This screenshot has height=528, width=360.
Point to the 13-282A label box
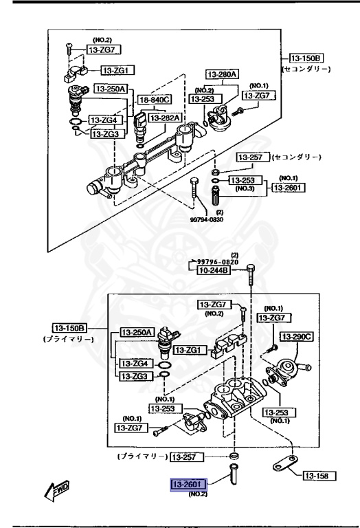click(x=165, y=118)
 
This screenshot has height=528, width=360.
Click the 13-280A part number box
click(x=222, y=74)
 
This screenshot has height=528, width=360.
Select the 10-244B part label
click(x=216, y=271)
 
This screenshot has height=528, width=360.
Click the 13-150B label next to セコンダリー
click(x=305, y=58)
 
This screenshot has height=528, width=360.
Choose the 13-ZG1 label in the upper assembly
click(x=118, y=70)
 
